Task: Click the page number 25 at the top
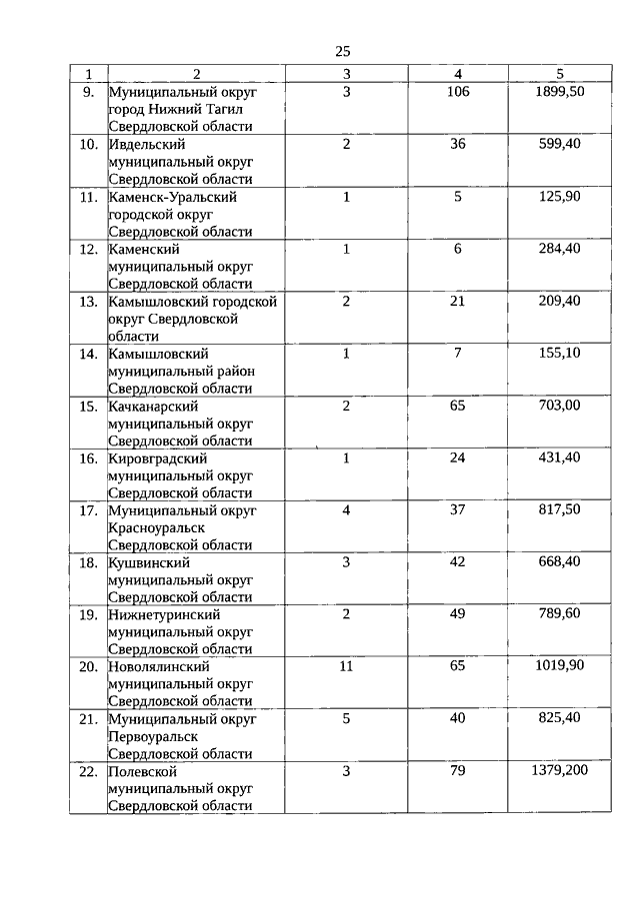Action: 342,51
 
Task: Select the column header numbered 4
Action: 457,74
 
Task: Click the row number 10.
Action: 88,144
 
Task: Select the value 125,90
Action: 560,197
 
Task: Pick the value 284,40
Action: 560,249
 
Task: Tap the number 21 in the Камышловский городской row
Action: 457,301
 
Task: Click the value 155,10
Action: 560,354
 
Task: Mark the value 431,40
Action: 560,457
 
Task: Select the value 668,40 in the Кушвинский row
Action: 560,562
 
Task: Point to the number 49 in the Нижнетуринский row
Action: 457,614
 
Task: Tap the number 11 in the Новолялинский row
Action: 346,666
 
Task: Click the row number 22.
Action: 88,771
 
